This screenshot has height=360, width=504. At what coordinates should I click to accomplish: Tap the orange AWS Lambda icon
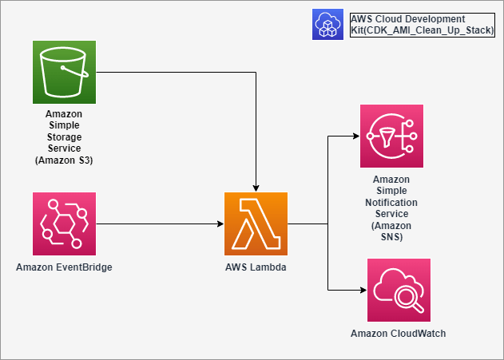pos(256,224)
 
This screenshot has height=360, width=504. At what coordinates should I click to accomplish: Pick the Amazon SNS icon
pos(391,136)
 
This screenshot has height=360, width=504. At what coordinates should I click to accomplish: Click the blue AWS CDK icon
pos(327,24)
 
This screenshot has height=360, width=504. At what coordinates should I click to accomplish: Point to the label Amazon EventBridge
pos(64,266)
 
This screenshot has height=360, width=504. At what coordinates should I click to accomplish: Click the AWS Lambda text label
pos(256,266)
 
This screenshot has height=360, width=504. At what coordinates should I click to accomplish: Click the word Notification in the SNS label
pos(391,203)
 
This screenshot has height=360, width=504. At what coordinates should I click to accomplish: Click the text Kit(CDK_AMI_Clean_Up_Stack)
pos(422,30)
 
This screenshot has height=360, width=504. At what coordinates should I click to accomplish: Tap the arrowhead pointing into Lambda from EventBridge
pos(221,224)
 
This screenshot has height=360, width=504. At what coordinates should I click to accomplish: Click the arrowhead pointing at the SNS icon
pos(355,136)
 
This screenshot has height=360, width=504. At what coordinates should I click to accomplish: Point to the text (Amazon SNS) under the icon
pos(391,231)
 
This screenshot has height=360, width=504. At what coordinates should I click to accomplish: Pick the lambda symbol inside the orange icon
pos(256,224)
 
